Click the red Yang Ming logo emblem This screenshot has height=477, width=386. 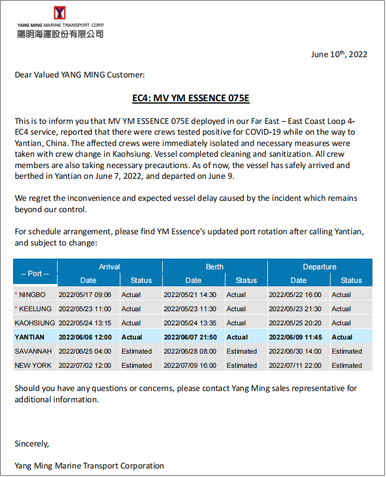(59, 13)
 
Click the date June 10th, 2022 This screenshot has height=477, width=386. (339, 54)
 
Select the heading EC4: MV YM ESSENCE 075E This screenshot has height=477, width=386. (190, 98)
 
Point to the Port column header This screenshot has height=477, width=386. (35, 273)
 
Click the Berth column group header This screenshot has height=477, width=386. (215, 267)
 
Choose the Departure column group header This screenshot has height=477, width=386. (319, 267)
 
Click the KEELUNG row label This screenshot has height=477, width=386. (35, 309)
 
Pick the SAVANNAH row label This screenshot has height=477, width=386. (33, 351)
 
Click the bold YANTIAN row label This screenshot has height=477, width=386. (30, 337)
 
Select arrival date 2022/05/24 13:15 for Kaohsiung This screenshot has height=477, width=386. (85, 323)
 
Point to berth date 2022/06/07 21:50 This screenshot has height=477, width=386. (190, 337)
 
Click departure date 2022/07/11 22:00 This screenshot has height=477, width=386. (295, 366)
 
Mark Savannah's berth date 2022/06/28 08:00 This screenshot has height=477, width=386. (190, 351)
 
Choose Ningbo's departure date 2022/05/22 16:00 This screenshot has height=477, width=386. (295, 295)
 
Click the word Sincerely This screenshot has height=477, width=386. (32, 444)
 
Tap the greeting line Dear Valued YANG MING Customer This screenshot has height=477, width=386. (80, 74)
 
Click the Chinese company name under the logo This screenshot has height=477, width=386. (60, 34)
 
